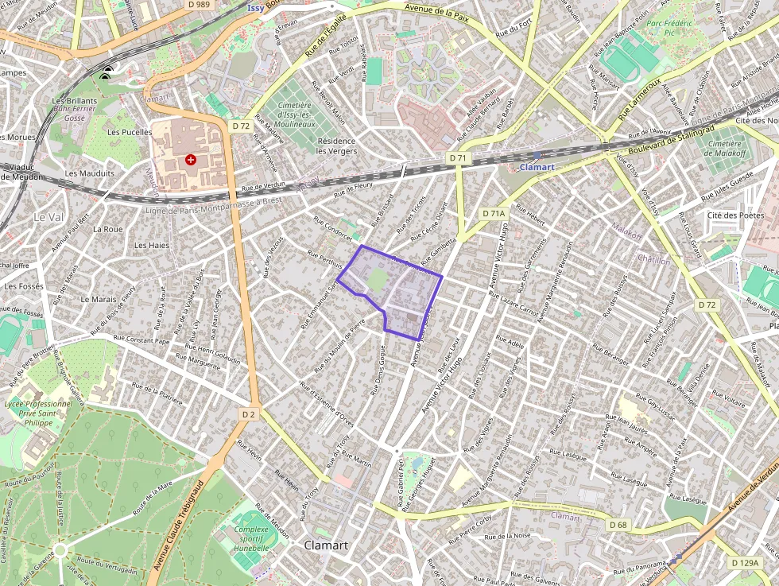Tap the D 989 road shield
[x=199, y=5]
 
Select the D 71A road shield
[x=494, y=213]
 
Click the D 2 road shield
[x=249, y=413]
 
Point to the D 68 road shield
[x=618, y=525]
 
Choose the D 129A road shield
[x=744, y=563]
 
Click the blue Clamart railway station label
[x=537, y=167]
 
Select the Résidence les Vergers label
[x=336, y=146]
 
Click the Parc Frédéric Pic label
[x=671, y=29]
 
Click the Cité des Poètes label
[x=735, y=215]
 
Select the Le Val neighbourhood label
[x=48, y=216]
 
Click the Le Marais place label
[x=99, y=300]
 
